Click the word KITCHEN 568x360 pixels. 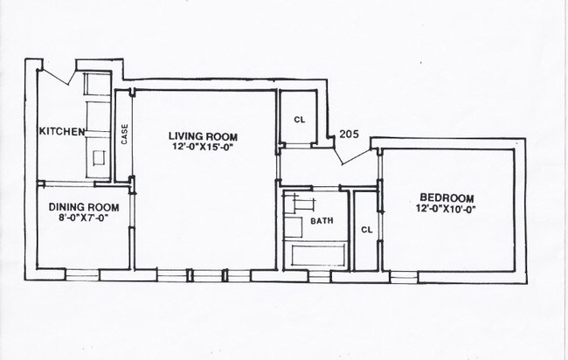click(61, 132)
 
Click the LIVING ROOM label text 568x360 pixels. click(204, 136)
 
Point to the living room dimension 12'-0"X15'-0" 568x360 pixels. click(204, 147)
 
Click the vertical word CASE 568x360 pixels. click(125, 135)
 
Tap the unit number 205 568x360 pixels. click(350, 134)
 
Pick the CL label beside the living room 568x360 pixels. click(299, 120)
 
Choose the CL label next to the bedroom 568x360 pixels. click(366, 230)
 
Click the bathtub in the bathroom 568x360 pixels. click(317, 255)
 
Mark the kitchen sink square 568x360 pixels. click(98, 158)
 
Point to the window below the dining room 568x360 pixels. click(82, 274)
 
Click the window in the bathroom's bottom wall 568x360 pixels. click(320, 275)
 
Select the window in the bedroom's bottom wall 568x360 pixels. click(403, 276)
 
